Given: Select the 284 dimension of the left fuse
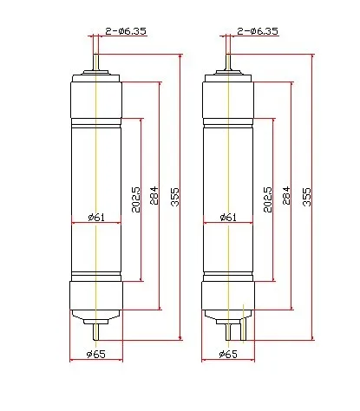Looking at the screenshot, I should click(154, 194).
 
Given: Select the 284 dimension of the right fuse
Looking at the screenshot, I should click(286, 194).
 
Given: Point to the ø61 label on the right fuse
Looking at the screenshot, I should click(227, 217).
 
